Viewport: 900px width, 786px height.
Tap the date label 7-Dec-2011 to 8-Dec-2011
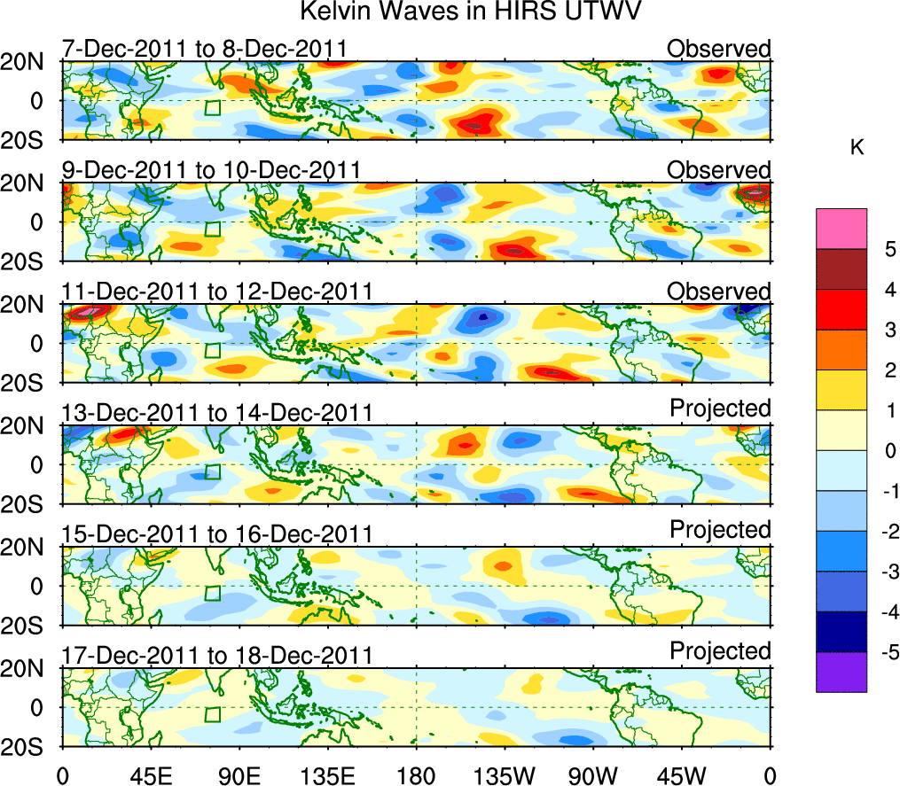pos(204,49)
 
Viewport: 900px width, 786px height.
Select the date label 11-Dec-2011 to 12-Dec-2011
pos(216,292)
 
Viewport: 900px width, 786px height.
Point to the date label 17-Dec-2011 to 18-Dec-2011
pos(216,655)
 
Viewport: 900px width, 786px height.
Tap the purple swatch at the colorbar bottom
pos(841,672)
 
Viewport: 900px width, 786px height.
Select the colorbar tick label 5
pos(888,250)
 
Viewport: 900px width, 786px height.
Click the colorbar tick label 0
pos(888,451)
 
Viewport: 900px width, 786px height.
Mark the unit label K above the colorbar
pos(857,148)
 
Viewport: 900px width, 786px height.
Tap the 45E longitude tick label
pos(150,774)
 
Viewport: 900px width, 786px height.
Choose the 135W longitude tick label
pos(505,774)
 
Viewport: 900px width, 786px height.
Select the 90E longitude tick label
pos(239,774)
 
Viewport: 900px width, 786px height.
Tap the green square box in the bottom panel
pos(212,715)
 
